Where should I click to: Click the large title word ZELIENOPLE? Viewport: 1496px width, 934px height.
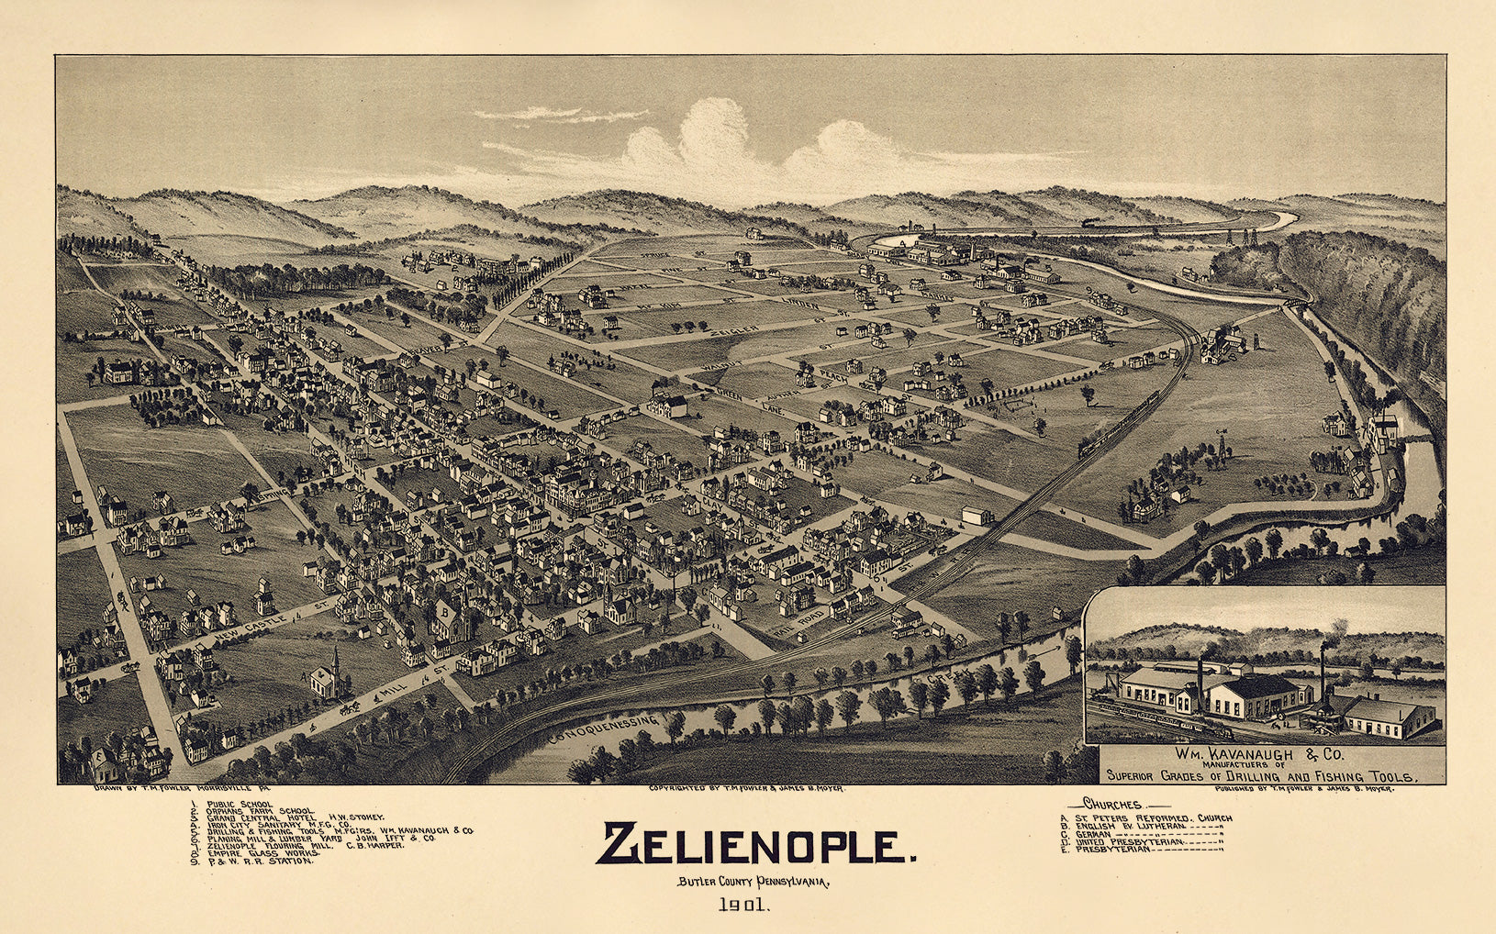coord(754,845)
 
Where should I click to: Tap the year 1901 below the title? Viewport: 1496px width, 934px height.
coord(743,906)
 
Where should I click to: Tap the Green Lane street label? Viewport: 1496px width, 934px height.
coord(764,403)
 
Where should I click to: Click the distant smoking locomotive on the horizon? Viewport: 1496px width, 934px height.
coord(1092,223)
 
